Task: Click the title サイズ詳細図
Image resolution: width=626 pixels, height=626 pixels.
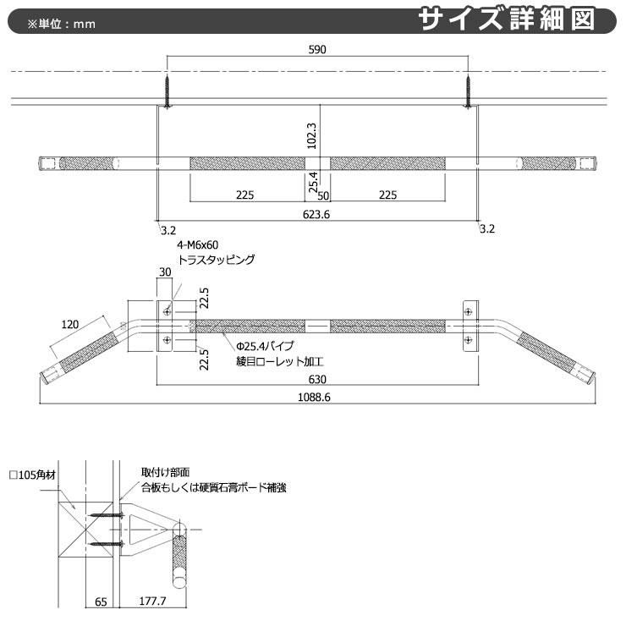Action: coord(518,19)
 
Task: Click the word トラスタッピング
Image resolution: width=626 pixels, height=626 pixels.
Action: coord(216,261)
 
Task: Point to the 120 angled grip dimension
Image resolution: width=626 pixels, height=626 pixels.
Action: coord(70,324)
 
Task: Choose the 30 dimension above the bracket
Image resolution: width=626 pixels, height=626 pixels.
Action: coord(165,273)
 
